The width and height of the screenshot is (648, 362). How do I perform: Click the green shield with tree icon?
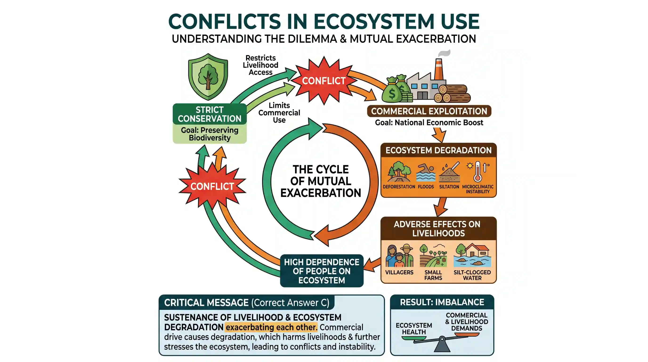click(208, 77)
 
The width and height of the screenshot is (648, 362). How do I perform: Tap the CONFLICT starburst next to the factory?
click(324, 81)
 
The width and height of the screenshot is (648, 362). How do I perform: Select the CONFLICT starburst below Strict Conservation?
click(212, 186)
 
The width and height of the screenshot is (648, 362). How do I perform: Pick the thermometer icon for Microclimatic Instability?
click(478, 171)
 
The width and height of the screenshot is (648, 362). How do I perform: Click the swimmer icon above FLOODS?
click(426, 173)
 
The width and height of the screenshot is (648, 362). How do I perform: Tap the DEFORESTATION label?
click(399, 187)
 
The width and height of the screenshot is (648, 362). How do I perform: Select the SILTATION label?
click(449, 187)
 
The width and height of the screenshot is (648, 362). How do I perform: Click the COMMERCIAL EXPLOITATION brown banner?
click(429, 111)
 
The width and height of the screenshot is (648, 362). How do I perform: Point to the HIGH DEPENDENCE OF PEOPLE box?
click(322, 271)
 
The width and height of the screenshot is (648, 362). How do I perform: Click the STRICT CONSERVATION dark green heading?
click(210, 114)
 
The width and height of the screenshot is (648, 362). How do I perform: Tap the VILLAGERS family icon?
click(399, 255)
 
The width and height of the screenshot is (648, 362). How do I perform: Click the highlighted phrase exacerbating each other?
click(271, 327)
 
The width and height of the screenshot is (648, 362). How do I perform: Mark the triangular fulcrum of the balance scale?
click(442, 345)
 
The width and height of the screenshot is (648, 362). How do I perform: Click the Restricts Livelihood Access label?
click(261, 65)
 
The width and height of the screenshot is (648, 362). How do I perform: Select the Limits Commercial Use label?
click(279, 112)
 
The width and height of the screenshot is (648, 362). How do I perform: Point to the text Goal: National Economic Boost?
click(429, 123)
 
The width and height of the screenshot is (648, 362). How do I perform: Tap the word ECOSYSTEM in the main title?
click(374, 21)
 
